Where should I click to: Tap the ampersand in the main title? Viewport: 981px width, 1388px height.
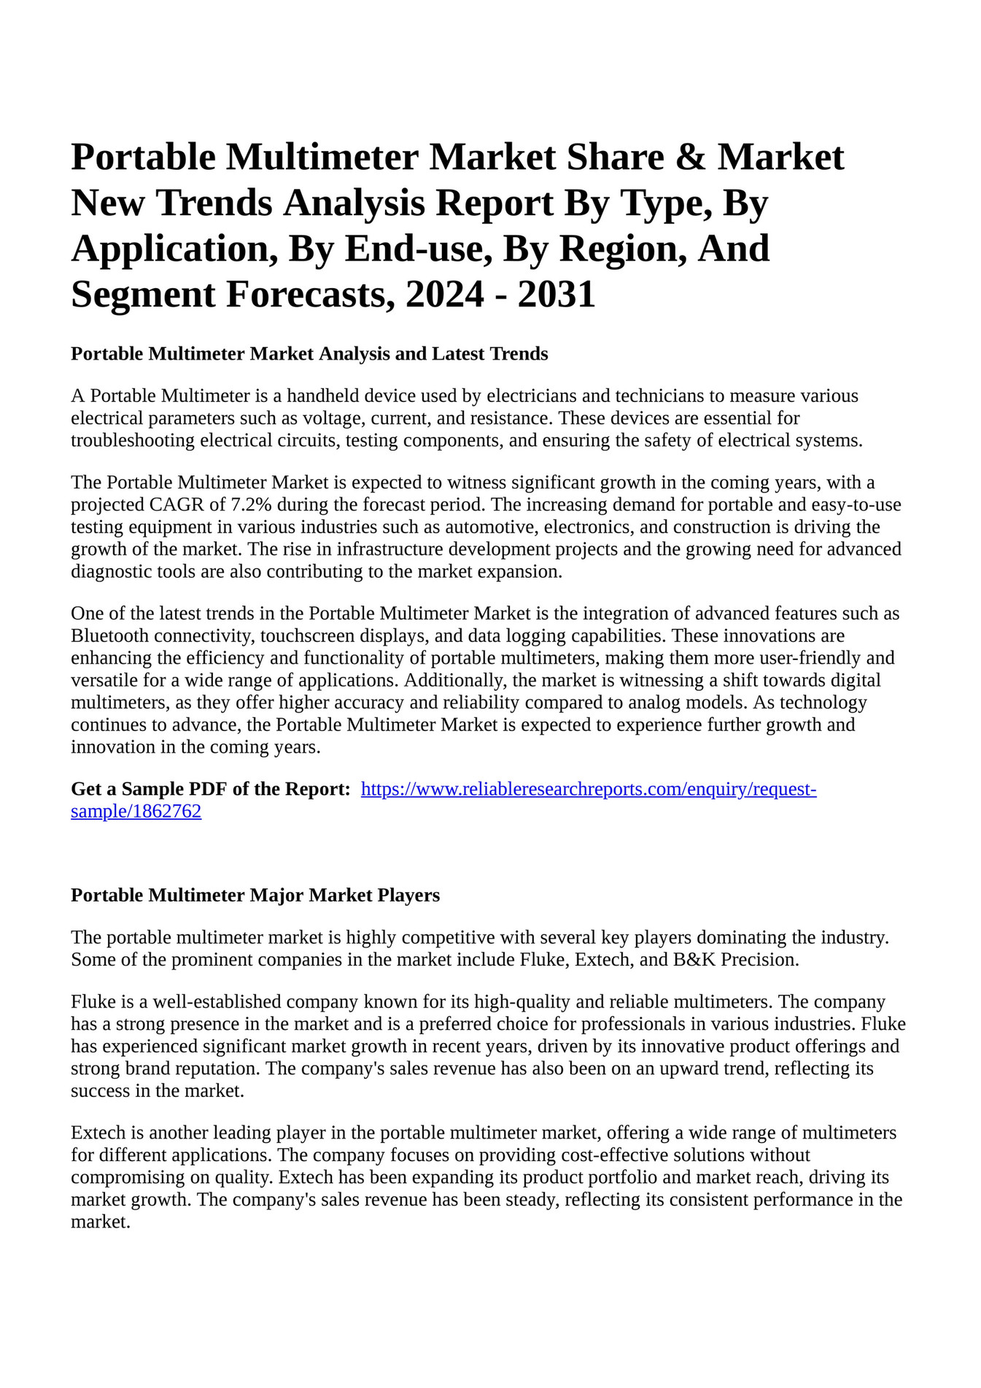[690, 157]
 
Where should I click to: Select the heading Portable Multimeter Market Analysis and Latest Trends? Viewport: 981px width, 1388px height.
[309, 354]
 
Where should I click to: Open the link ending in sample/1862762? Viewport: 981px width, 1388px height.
[136, 811]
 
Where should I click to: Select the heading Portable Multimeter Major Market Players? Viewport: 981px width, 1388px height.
[255, 895]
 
